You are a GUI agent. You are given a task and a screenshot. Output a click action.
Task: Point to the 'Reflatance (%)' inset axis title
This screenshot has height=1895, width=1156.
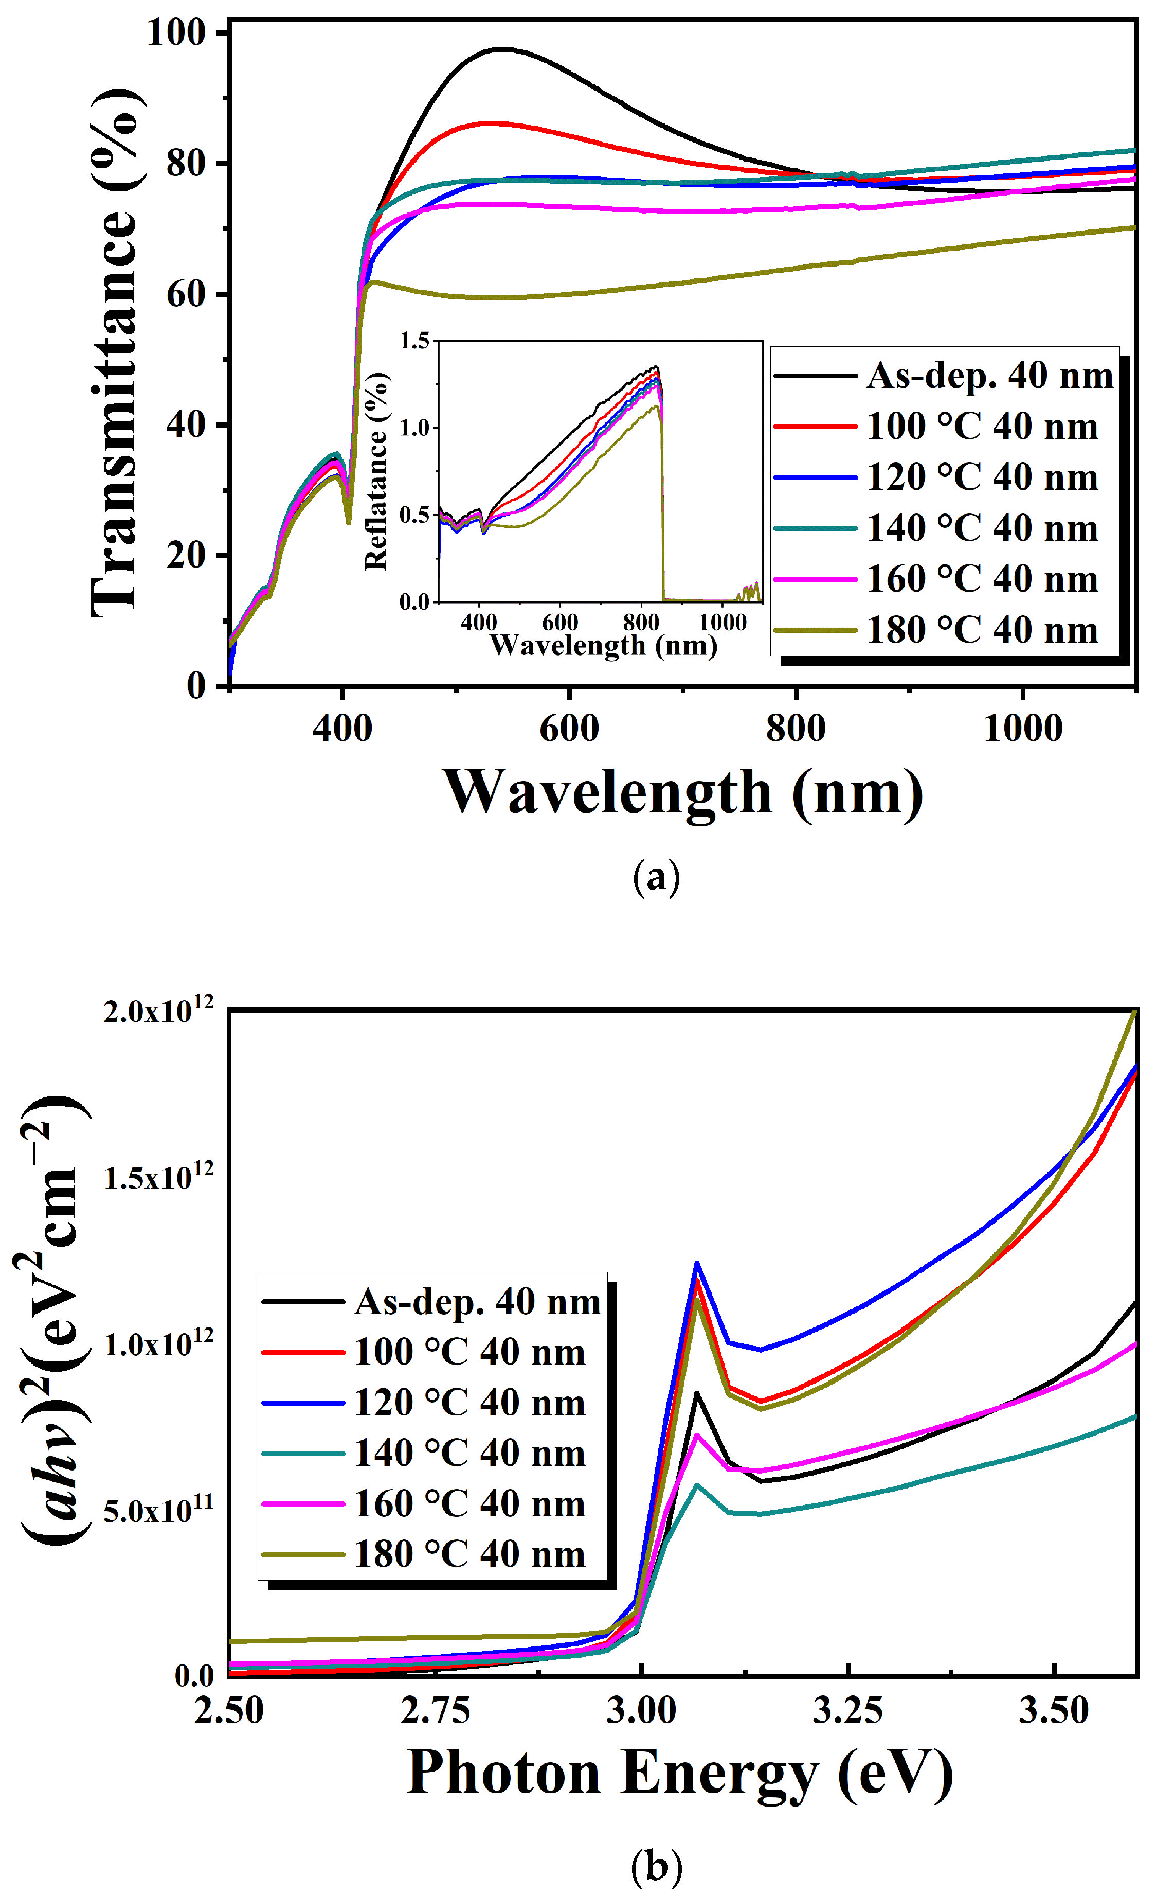[376, 471]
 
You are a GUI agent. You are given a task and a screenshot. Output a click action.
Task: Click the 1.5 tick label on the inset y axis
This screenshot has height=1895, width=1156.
[414, 341]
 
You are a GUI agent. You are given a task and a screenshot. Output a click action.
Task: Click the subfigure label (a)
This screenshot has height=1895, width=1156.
[656, 877]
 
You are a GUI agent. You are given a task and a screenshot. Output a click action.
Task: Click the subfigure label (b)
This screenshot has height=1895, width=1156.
[656, 1866]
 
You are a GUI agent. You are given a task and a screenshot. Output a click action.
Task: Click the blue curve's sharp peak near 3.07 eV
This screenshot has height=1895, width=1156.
[696, 1262]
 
